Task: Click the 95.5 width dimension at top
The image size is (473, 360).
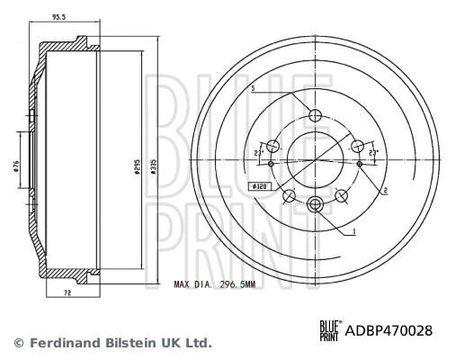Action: pyautogui.click(x=58, y=17)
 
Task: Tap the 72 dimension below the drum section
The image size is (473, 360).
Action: pyautogui.click(x=67, y=292)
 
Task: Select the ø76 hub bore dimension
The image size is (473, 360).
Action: pyautogui.click(x=16, y=166)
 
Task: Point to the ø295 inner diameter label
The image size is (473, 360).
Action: pyautogui.click(x=137, y=166)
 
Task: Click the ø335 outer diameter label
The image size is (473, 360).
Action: pyautogui.click(x=154, y=166)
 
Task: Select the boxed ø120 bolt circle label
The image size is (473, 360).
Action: pyautogui.click(x=259, y=186)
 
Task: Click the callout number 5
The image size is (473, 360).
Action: pyautogui.click(x=253, y=88)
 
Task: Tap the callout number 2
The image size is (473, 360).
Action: pyautogui.click(x=385, y=190)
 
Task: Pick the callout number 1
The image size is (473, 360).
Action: pyautogui.click(x=354, y=231)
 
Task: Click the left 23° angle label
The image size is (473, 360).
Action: pyautogui.click(x=258, y=153)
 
